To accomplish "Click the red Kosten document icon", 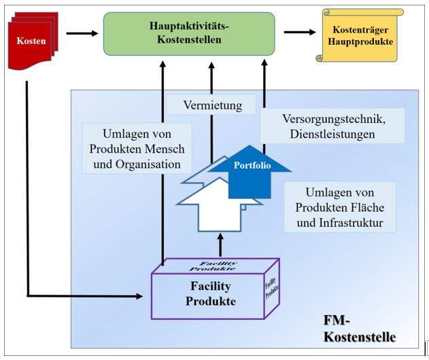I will click(31, 41).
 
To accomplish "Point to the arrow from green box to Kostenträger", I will click(300, 32).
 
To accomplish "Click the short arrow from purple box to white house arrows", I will click(220, 242).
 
